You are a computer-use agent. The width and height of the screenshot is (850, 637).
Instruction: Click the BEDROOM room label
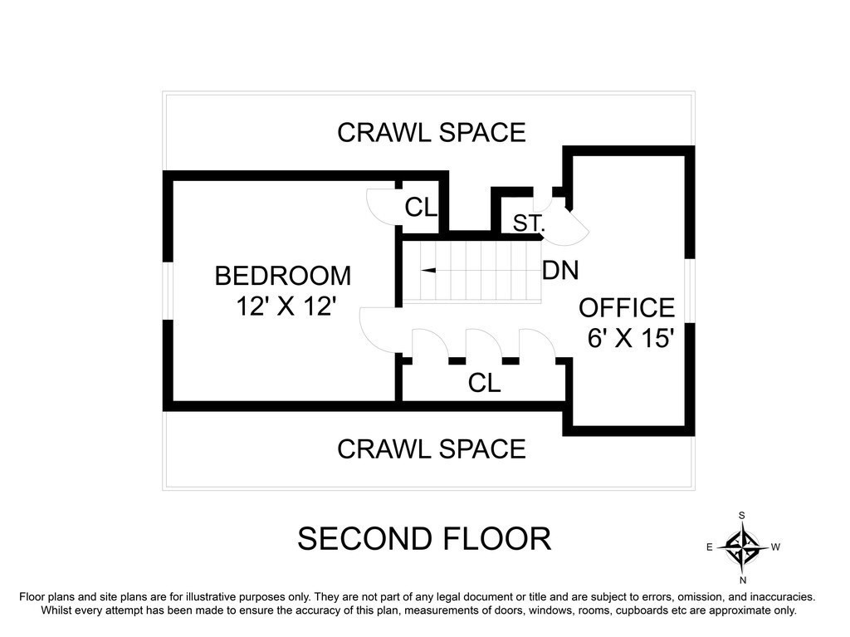pos(283,276)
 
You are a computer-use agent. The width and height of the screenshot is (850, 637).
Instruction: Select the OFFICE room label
pos(627,308)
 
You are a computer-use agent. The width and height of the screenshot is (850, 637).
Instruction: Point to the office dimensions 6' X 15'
pos(631,338)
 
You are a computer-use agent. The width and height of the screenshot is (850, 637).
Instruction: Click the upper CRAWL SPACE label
pos(432,132)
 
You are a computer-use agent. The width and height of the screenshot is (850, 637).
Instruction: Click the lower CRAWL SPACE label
pos(432,449)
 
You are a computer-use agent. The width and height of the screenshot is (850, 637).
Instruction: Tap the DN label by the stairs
pos(560,270)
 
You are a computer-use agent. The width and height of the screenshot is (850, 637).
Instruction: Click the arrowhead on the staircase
pos(428,270)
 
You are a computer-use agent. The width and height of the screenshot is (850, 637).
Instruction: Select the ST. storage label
pos(529,223)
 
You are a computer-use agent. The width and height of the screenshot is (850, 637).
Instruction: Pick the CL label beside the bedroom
pos(421,207)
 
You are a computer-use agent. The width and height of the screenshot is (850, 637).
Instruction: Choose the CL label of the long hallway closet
pos(484,383)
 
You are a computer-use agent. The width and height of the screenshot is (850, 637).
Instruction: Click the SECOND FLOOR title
pos(424,539)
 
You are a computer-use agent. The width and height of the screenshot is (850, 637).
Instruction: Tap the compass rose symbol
pos(742,547)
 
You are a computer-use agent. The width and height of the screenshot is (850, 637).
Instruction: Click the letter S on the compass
pos(742,516)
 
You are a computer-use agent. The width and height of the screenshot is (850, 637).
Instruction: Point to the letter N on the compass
pos(743,580)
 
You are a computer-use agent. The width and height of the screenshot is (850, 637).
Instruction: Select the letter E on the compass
pos(709,547)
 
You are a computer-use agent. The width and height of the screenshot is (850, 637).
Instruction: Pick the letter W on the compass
pos(776,547)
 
